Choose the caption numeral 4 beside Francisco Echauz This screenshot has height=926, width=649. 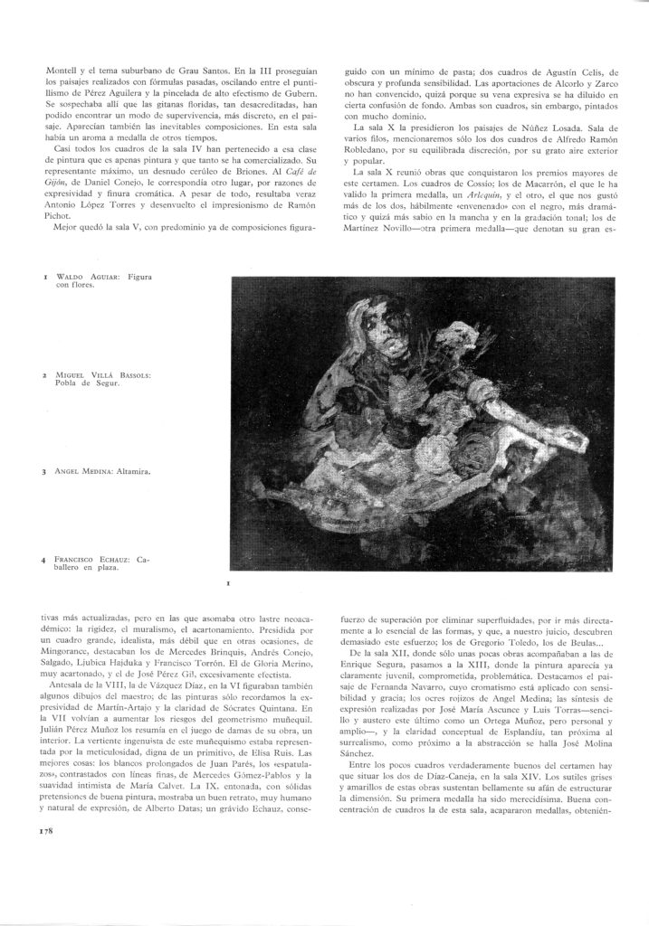pyautogui.click(x=43, y=560)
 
